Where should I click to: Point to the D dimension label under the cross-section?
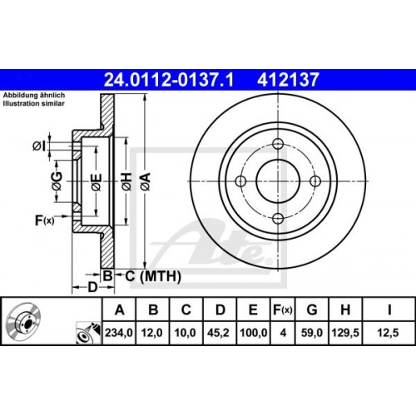point(92,288)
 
